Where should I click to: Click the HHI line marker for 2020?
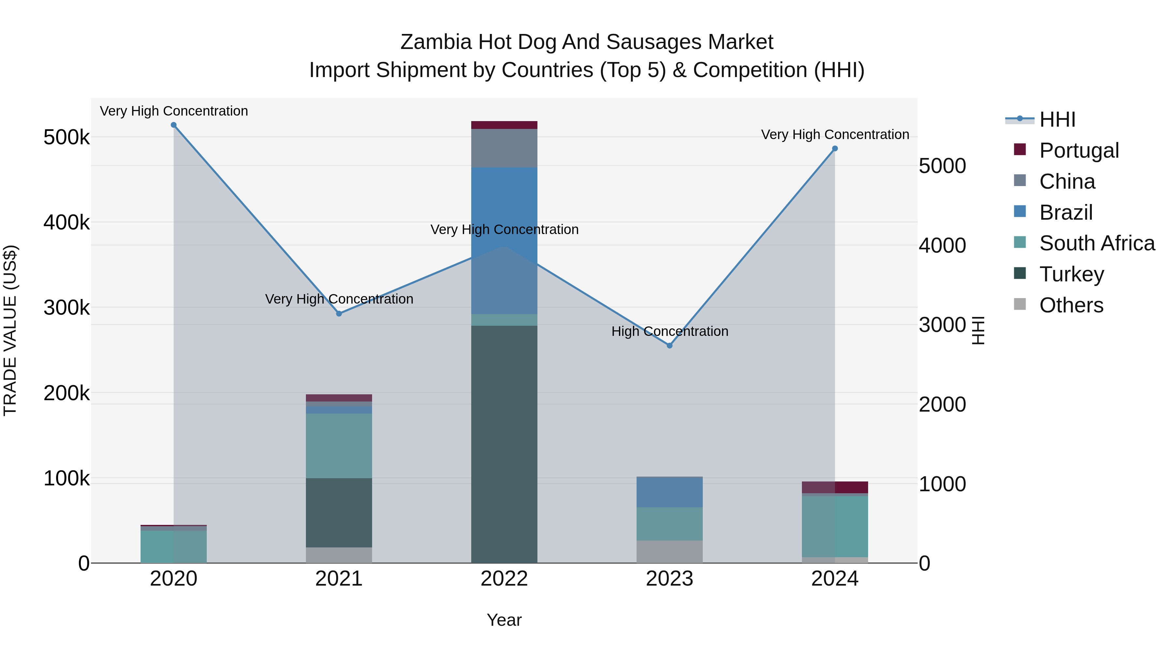pos(173,125)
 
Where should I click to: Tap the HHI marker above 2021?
pos(339,314)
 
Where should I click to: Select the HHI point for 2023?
pos(670,346)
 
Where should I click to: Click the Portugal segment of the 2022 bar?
pos(504,125)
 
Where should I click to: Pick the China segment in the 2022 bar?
pos(504,148)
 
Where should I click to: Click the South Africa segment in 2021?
pos(339,446)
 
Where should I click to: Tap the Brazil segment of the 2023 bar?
pos(670,492)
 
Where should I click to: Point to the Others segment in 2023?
pos(670,552)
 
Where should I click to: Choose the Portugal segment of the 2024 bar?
pos(835,487)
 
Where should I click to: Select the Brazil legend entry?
pos(1065,212)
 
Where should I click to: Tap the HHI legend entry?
pos(1057,119)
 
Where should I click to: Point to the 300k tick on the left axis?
pos(67,308)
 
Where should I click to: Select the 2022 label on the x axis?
pos(504,579)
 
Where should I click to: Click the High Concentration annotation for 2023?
pos(670,331)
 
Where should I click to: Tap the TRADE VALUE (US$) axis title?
pos(10,330)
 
